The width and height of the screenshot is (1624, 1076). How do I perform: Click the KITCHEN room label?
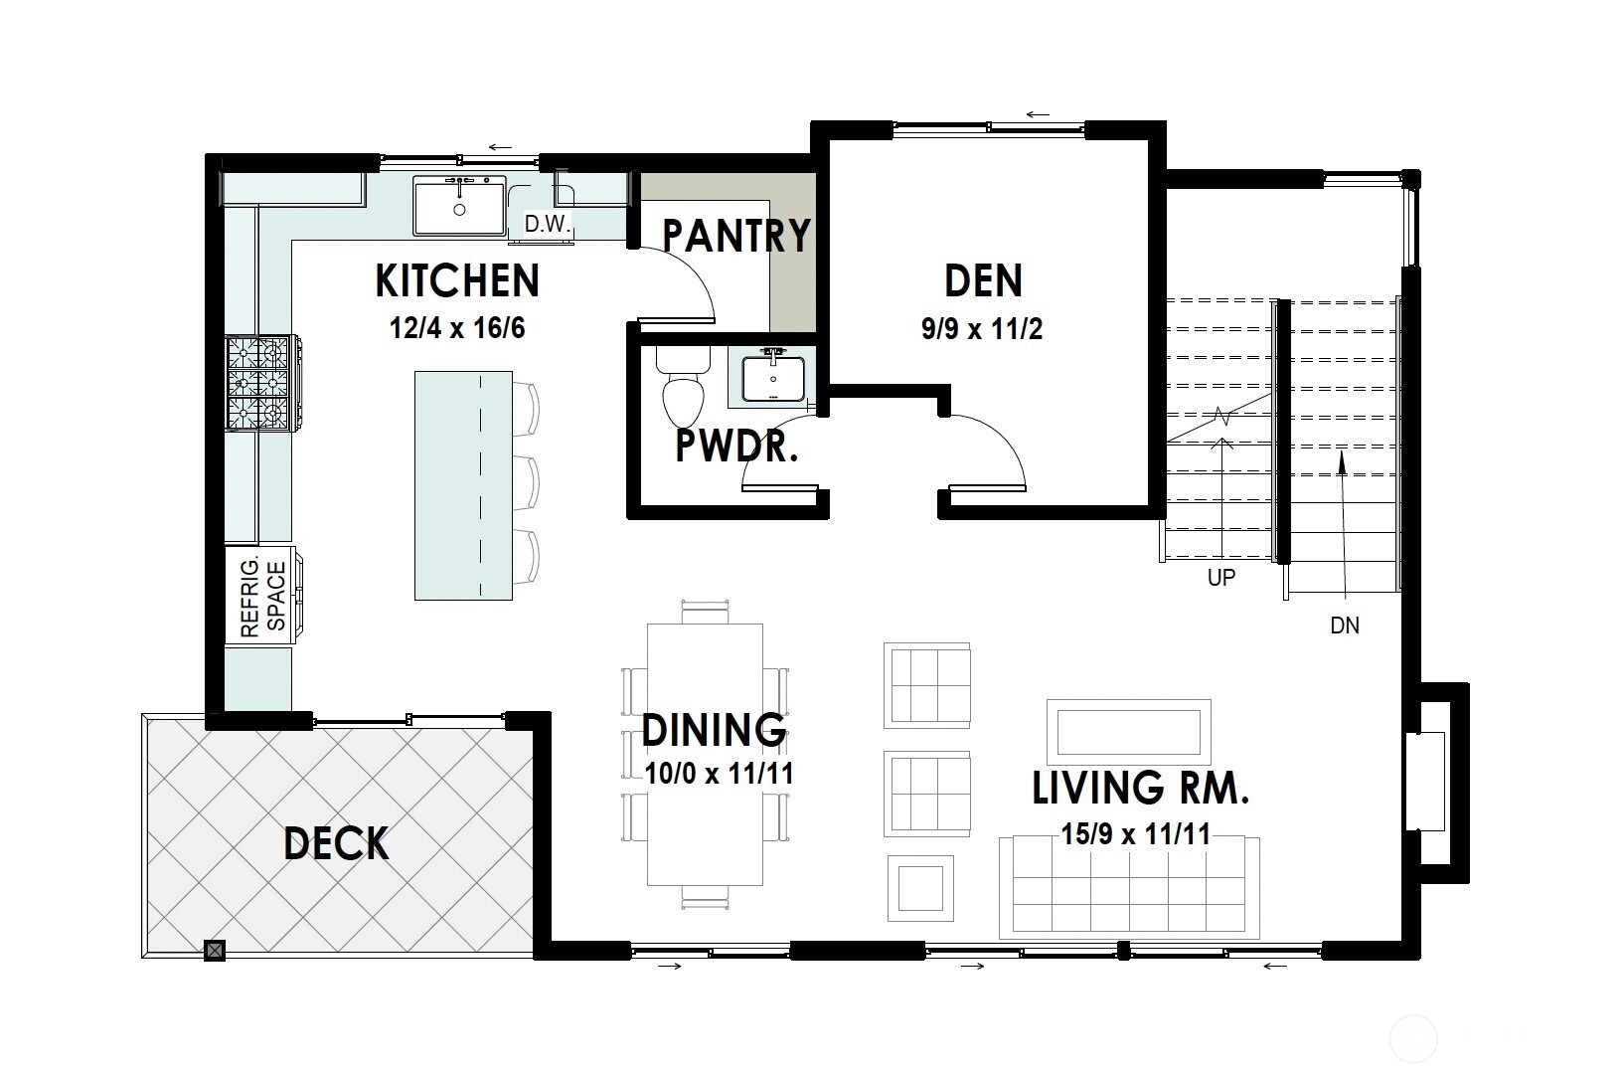point(457,281)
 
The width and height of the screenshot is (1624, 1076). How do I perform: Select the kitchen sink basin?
point(459,207)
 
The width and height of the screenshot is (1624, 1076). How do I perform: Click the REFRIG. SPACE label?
point(263,598)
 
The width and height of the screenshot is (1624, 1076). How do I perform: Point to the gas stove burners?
point(258,383)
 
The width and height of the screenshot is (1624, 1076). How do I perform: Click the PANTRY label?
point(736,237)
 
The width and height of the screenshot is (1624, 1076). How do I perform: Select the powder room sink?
point(772,377)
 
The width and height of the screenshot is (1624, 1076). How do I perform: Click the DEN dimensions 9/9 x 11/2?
point(982,329)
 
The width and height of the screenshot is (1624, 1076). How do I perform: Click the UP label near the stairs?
point(1220,578)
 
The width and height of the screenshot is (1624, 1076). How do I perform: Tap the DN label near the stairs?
point(1344,627)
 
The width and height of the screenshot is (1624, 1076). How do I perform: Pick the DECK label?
point(336,843)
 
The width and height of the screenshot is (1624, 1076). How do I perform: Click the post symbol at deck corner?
point(215,950)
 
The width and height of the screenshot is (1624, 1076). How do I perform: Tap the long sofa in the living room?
point(1129,885)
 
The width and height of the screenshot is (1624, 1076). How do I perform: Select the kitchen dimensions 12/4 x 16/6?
point(457,328)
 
